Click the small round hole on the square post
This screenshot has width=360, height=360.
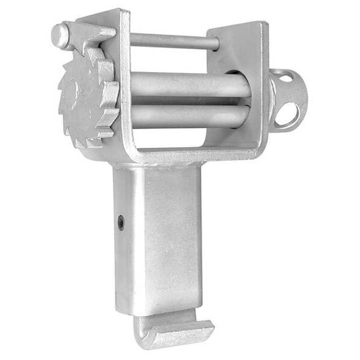click(121, 223)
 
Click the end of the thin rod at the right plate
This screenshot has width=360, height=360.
click(215, 43)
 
